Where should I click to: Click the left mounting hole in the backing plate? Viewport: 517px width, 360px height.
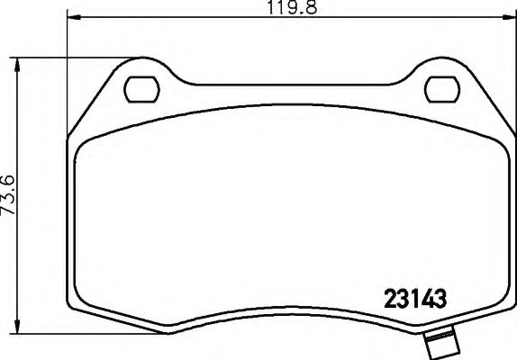[x=140, y=89]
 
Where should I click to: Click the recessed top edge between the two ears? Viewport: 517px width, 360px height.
[x=288, y=86]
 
